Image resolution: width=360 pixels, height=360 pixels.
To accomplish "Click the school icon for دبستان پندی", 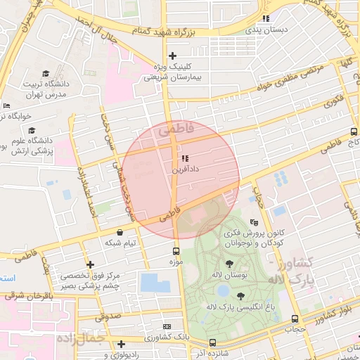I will tap(266, 18).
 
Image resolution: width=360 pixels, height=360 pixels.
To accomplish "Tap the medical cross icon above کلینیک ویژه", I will tap(172, 56).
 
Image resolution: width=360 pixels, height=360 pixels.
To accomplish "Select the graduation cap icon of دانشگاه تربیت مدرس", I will tap(46, 73).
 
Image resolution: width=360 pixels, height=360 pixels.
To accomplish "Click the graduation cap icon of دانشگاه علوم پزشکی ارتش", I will tap(31, 131).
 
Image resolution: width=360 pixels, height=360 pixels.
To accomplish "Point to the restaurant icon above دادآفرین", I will tap(185, 159).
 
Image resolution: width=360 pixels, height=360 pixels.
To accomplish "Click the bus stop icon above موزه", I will tap(176, 250).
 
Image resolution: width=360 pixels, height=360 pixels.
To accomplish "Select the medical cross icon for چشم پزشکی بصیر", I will tap(89, 264).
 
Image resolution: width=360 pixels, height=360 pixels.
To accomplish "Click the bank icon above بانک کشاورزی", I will tap(167, 326).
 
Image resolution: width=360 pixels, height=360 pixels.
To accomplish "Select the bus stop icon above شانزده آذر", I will tap(212, 342).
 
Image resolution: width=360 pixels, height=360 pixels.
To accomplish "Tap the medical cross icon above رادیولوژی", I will tap(122, 344).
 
